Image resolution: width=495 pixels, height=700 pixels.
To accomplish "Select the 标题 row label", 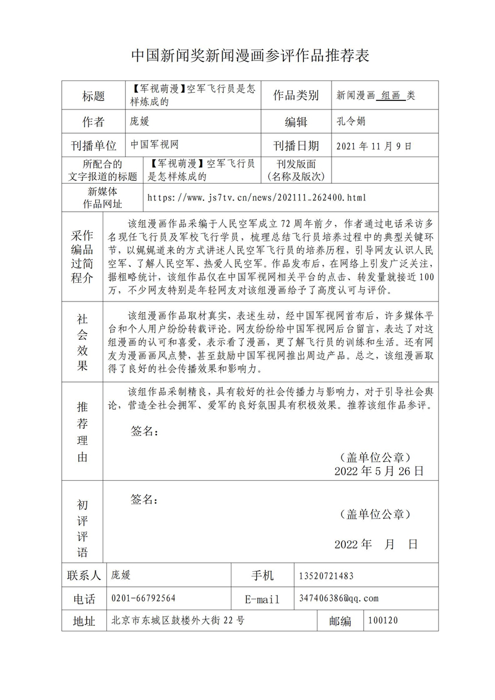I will [93, 96].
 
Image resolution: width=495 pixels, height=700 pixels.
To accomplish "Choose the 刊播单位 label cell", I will [93, 146].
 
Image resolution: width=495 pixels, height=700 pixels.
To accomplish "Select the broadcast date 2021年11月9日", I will [373, 146].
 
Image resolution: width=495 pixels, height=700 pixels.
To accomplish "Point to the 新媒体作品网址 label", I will [102, 197].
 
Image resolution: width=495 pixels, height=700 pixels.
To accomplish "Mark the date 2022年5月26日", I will [379, 471].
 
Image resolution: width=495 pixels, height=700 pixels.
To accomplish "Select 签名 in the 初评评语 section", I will [144, 499].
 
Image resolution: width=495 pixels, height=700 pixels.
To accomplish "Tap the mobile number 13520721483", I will [326, 576].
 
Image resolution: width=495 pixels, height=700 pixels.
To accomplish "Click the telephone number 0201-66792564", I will [143, 598].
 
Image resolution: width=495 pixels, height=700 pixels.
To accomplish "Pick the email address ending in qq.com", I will [338, 598].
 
